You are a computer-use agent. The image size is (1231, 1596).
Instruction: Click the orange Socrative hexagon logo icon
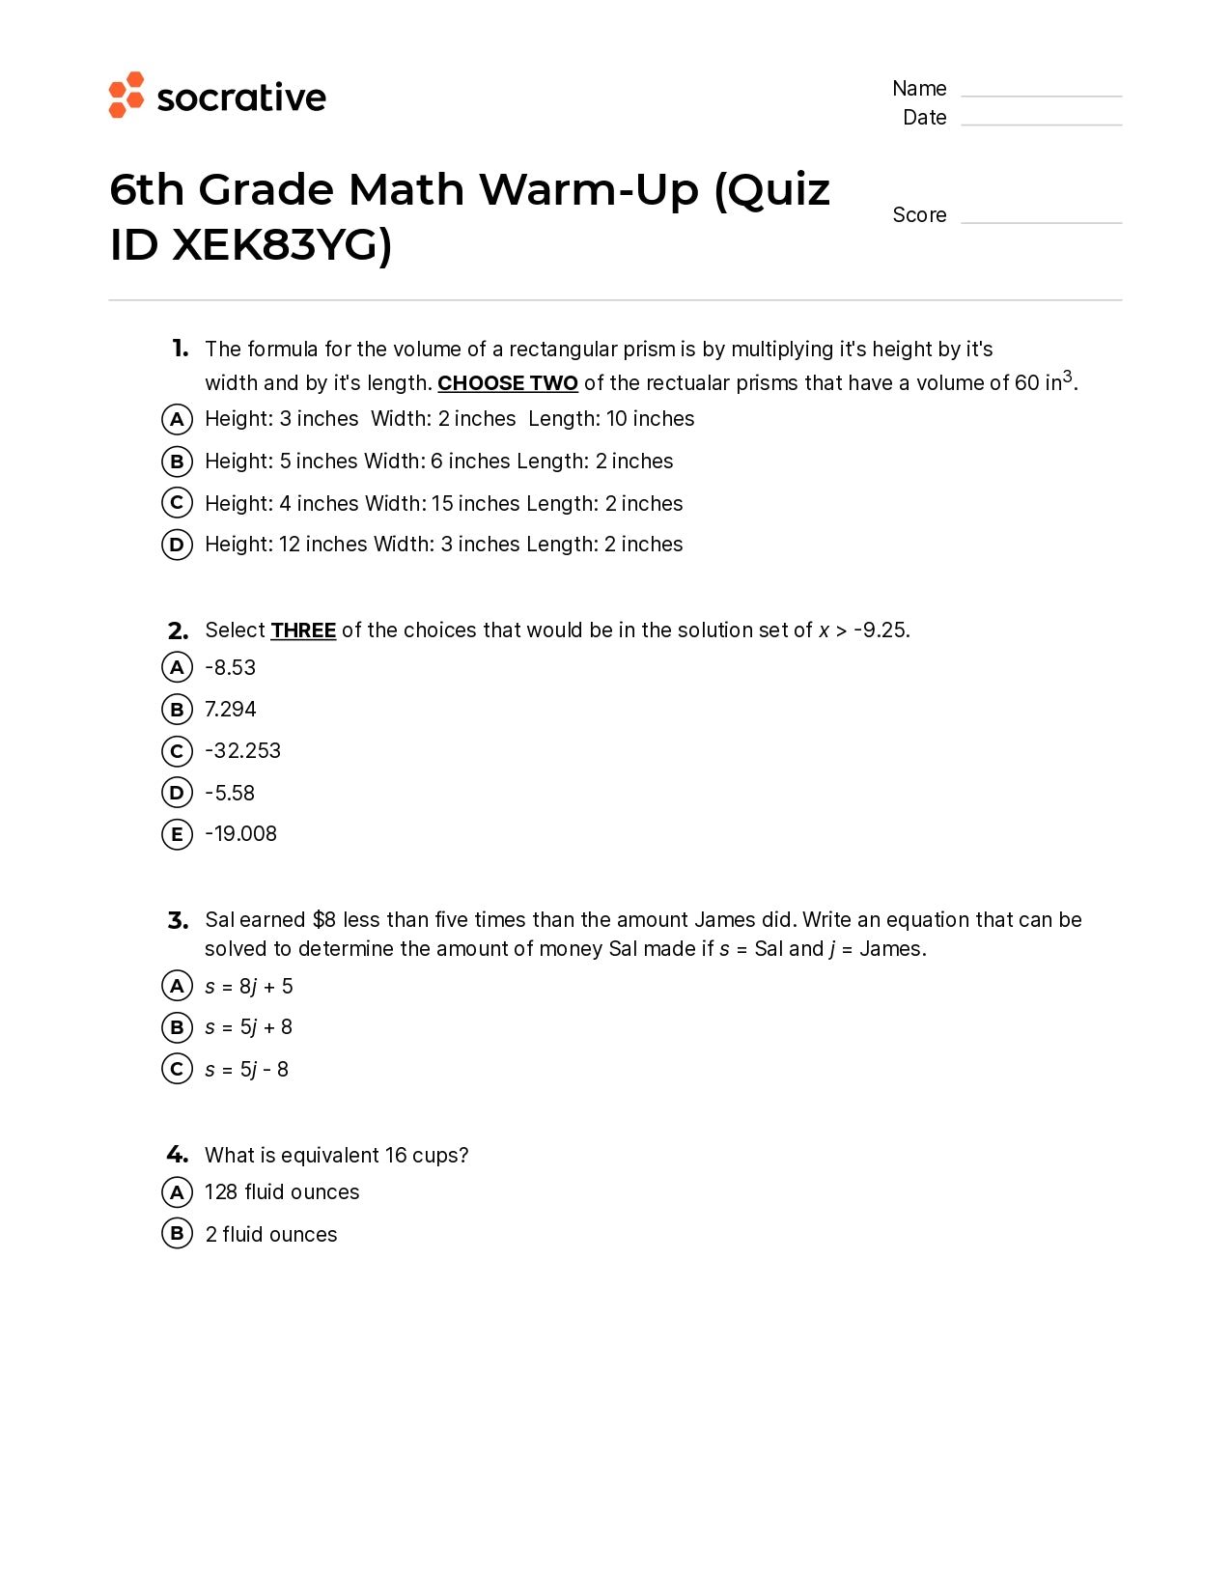point(126,95)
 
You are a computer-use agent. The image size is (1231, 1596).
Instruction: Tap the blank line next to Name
point(1041,94)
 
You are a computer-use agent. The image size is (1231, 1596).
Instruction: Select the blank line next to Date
point(1041,123)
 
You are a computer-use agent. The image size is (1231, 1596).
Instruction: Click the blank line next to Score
point(1041,220)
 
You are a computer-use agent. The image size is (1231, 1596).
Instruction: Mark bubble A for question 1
point(177,419)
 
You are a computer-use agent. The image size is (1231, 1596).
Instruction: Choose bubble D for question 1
point(177,545)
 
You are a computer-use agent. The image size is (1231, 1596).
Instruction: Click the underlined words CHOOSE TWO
point(507,383)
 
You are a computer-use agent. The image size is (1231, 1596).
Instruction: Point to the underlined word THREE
point(303,630)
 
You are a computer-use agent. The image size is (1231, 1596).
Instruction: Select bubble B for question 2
point(177,710)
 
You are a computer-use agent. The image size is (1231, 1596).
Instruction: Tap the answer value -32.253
point(242,751)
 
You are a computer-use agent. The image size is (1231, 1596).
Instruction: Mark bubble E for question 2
point(177,834)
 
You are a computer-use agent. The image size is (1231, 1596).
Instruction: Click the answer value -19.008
point(240,834)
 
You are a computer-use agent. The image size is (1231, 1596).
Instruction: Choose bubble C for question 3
point(177,1069)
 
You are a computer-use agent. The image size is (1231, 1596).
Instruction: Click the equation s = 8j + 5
point(248,987)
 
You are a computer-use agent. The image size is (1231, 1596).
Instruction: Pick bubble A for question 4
point(177,1192)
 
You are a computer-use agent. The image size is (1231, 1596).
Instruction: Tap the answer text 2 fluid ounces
point(270,1235)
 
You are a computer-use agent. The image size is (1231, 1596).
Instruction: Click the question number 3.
point(178,920)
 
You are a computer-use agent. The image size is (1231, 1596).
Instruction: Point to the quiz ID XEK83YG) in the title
point(281,245)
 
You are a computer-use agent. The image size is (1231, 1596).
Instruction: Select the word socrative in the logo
point(241,98)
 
